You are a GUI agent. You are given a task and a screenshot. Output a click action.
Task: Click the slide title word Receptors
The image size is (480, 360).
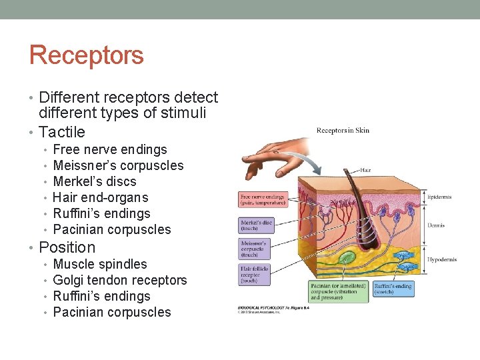click(x=87, y=55)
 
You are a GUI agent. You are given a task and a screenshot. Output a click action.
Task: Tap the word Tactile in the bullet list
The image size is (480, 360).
click(x=62, y=132)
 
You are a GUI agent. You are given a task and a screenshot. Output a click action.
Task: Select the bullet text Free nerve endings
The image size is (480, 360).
click(x=110, y=150)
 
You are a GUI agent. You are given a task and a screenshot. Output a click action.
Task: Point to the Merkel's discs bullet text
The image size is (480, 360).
click(x=95, y=182)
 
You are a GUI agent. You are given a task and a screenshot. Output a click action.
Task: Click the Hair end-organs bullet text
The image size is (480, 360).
click(x=101, y=198)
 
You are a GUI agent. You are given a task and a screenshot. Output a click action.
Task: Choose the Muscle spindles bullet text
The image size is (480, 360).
click(x=100, y=265)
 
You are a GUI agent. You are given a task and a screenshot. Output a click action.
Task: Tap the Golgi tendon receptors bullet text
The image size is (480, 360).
click(x=120, y=281)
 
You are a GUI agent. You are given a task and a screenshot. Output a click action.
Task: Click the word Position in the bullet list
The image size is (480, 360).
click(x=67, y=247)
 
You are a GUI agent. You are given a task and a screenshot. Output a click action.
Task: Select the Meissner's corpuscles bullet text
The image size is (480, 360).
click(x=118, y=166)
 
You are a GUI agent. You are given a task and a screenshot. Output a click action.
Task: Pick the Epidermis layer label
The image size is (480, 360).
click(x=440, y=197)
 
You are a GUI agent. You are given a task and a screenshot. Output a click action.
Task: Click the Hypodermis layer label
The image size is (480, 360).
click(x=442, y=259)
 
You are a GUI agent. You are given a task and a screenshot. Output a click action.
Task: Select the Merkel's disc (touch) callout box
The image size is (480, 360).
click(x=256, y=225)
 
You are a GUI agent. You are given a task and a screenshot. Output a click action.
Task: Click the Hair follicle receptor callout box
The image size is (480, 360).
click(x=256, y=273)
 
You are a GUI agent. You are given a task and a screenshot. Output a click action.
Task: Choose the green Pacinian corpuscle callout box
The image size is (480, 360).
click(x=339, y=291)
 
